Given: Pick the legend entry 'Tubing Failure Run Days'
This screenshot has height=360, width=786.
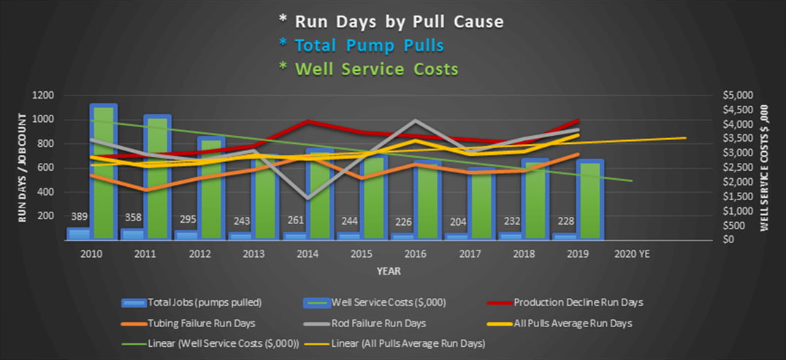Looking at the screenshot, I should tap(193, 323).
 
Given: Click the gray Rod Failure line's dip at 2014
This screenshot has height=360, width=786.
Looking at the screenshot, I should tap(308, 197).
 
